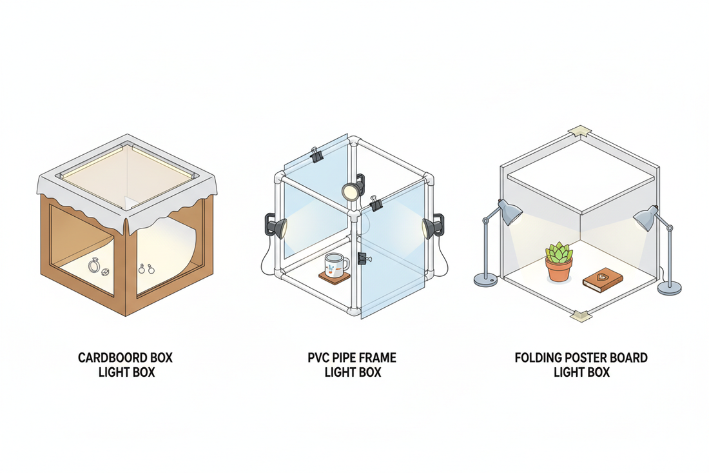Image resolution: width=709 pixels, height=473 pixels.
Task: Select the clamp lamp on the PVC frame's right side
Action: point(432,226)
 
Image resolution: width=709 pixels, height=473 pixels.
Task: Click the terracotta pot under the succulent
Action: point(558,270)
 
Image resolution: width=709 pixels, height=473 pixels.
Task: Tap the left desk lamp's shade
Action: point(510,214)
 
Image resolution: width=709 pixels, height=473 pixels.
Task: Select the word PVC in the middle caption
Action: point(320,357)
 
